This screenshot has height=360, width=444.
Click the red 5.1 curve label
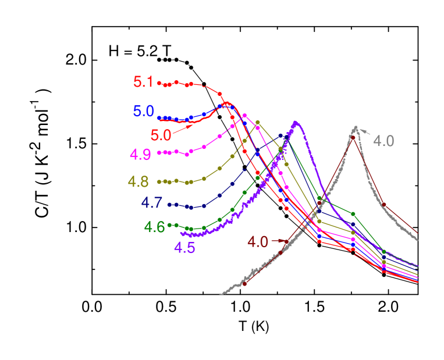click(143, 82)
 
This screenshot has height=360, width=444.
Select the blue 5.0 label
click(143, 111)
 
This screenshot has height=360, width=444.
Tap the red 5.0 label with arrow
click(161, 136)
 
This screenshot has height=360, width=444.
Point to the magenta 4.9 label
click(140, 155)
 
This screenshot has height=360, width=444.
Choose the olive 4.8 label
click(138, 182)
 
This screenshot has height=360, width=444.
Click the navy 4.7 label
click(151, 204)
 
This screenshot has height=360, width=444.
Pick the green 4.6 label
click(155, 227)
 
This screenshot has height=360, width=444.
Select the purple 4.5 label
click(184, 248)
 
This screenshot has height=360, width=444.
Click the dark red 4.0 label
click(258, 242)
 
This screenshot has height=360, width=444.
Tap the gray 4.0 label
click(383, 141)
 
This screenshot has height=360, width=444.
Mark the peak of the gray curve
click(355, 127)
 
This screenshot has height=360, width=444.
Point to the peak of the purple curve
click(296, 122)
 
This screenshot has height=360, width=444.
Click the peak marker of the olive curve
click(258, 122)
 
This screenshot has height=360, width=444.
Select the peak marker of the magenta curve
click(244, 115)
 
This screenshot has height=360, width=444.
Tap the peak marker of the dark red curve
click(353, 137)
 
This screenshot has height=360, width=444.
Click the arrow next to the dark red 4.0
click(279, 240)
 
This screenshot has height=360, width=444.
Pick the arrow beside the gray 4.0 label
click(365, 131)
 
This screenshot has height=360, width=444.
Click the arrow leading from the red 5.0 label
click(183, 128)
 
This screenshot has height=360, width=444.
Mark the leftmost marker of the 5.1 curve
click(159, 83)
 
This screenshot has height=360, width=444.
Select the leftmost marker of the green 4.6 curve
click(169, 224)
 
